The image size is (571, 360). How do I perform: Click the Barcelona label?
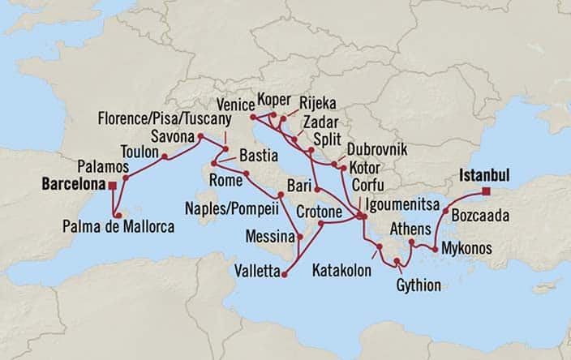click(x=70, y=184)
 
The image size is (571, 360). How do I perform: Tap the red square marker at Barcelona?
click(x=113, y=186)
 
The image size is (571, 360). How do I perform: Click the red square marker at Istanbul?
click(x=486, y=191)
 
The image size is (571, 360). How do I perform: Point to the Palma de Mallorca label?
click(x=118, y=229)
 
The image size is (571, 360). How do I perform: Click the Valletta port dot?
click(x=284, y=276)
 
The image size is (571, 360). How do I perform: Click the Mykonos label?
click(x=465, y=249)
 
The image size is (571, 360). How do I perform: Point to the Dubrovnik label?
click(x=376, y=150)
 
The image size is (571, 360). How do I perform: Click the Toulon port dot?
click(x=165, y=156)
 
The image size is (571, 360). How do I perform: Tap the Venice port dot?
click(x=253, y=118)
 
